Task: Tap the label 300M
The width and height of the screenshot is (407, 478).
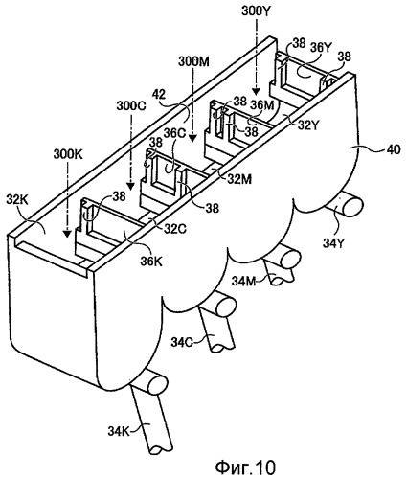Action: point(193,61)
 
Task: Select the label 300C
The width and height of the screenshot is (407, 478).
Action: point(131,105)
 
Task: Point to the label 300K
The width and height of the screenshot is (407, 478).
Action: point(68,154)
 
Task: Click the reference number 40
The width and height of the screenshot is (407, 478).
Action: point(394,149)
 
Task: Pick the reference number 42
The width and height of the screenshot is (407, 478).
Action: point(159,95)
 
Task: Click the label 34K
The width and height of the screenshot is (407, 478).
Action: point(118,431)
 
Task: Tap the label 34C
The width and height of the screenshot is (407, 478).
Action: point(182,342)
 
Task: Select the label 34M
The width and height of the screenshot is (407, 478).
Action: point(243,281)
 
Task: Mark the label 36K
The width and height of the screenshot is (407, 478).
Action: point(151,262)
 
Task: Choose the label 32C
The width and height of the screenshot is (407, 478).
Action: point(175,228)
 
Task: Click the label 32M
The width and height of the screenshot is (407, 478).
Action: point(239,179)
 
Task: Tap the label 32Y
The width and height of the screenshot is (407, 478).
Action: point(308,125)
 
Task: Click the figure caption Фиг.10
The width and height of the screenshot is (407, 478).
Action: point(245,467)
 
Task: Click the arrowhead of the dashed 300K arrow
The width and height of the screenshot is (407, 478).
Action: point(66,234)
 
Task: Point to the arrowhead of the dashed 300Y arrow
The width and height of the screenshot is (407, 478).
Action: point(255,91)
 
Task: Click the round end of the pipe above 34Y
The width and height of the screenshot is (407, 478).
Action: point(352,206)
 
